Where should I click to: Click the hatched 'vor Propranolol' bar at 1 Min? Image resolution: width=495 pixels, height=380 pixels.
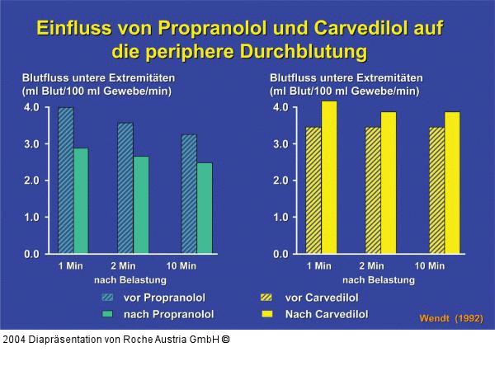click(x=66, y=181)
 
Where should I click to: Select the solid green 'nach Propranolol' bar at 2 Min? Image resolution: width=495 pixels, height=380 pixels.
click(x=140, y=204)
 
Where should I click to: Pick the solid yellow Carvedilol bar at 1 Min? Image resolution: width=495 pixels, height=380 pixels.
click(x=329, y=177)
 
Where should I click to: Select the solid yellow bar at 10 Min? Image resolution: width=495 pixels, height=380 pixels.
click(x=452, y=182)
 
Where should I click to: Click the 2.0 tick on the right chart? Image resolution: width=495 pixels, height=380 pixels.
click(x=280, y=181)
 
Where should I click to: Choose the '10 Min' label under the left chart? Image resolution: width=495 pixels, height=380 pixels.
click(x=181, y=266)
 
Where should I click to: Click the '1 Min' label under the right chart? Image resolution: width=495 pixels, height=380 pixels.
click(x=319, y=266)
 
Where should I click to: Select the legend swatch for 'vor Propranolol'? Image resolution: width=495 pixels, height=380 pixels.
click(x=107, y=298)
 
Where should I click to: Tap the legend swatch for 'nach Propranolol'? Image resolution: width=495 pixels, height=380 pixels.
click(x=107, y=314)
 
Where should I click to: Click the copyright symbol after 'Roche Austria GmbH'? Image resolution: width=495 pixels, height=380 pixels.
click(x=225, y=339)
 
